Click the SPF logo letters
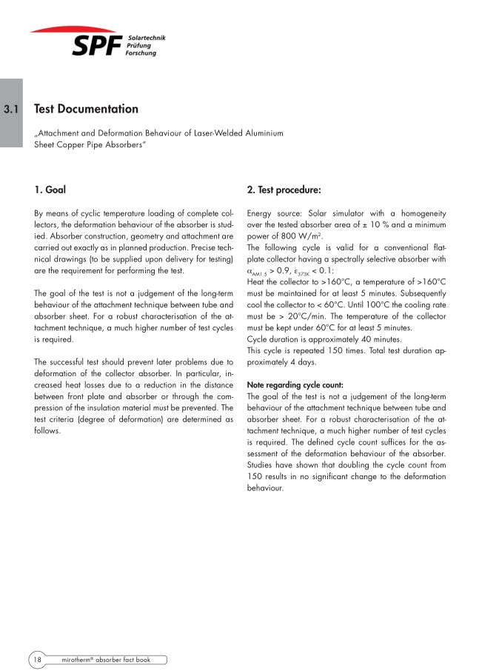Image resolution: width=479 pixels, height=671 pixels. click(97, 46)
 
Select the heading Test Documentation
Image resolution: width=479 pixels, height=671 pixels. click(87, 109)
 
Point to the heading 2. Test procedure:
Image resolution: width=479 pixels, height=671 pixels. click(284, 190)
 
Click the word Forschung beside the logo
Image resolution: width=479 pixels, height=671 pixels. click(141, 53)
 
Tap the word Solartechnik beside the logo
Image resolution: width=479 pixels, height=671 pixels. click(146, 37)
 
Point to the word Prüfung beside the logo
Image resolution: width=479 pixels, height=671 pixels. click(139, 45)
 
